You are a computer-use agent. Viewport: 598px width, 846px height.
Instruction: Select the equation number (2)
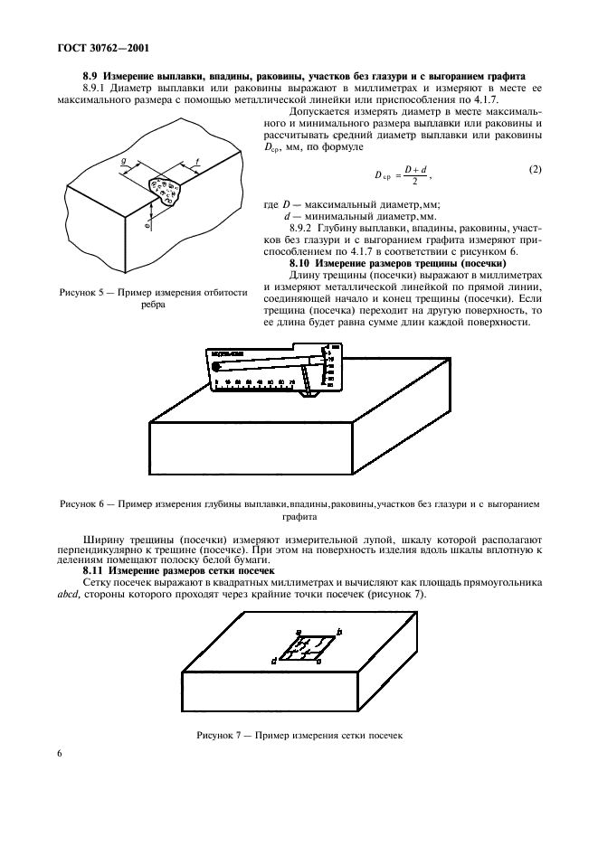point(535,169)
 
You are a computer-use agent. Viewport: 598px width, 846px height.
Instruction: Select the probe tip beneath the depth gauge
point(308,395)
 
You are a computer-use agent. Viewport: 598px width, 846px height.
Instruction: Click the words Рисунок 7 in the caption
point(219,736)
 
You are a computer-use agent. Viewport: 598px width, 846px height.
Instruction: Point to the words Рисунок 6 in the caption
point(81,503)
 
